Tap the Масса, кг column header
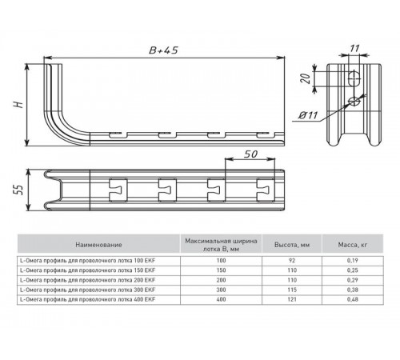(x=351, y=245)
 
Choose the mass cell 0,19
(x=352, y=261)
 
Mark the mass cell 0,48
(x=352, y=299)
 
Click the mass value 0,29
(x=352, y=280)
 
